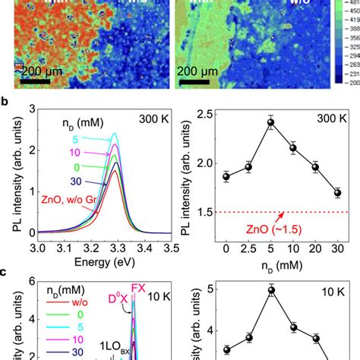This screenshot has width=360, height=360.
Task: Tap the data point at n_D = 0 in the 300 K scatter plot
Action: click(x=225, y=176)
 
